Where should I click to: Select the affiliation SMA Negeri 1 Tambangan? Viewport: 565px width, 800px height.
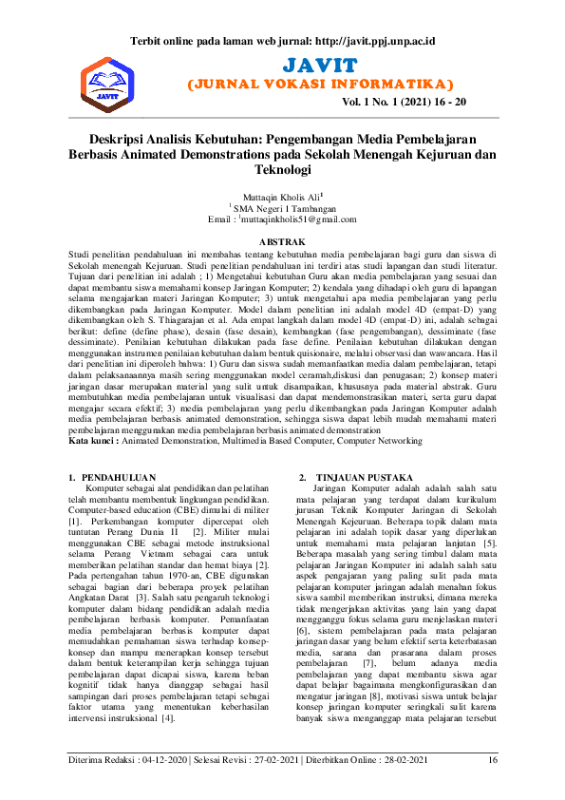pos(283,208)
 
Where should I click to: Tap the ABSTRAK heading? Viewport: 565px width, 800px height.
pos(282,242)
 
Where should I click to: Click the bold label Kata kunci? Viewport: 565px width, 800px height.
pos(93,441)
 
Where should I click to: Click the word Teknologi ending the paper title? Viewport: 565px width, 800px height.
pos(282,170)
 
